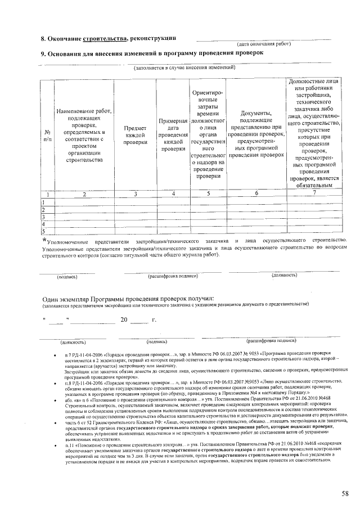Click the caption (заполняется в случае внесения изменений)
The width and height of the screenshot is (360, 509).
(x=183, y=67)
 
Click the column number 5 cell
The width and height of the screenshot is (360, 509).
(x=208, y=194)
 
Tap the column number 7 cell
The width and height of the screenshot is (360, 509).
(x=314, y=193)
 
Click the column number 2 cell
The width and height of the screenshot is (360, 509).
(x=84, y=194)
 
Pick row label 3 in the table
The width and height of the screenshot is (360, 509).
(x=43, y=216)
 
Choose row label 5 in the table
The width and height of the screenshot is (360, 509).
(x=43, y=230)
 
